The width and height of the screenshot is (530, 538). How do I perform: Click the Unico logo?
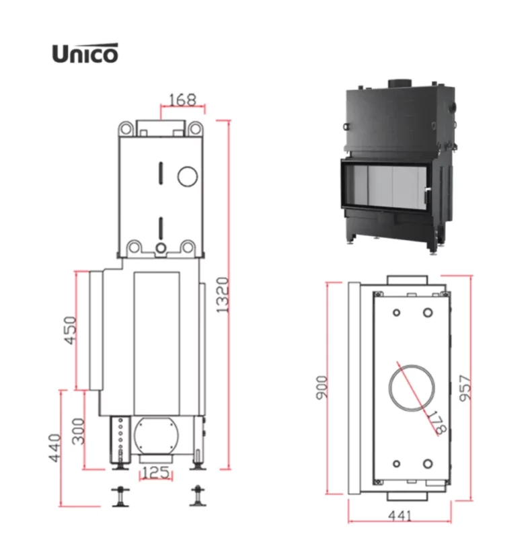pos(85,53)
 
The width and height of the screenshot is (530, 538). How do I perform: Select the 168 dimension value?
pos(183,100)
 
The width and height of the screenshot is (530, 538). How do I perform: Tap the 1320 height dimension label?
pos(223,295)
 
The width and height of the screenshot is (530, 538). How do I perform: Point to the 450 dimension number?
pos(71,330)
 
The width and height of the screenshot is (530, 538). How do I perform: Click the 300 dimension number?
pos(79,431)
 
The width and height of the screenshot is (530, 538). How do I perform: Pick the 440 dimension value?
pos(54,448)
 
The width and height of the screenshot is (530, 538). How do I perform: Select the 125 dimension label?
pos(155,473)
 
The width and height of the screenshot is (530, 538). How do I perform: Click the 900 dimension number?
pos(321,388)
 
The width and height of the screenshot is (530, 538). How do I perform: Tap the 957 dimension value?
pos(465,388)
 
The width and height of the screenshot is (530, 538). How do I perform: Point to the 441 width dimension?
pos(400,515)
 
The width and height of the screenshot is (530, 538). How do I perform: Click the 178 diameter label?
pos(436,423)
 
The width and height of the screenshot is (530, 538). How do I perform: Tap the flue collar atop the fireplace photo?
pos(400,83)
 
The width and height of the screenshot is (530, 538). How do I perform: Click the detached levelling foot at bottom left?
pos(120,496)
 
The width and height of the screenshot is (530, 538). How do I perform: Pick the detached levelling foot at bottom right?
pos(198,496)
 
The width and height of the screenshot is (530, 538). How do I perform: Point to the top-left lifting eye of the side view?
pos(126,129)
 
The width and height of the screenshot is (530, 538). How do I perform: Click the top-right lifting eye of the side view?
pos(195,129)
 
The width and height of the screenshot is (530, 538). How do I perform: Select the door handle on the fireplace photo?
pos(426,195)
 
